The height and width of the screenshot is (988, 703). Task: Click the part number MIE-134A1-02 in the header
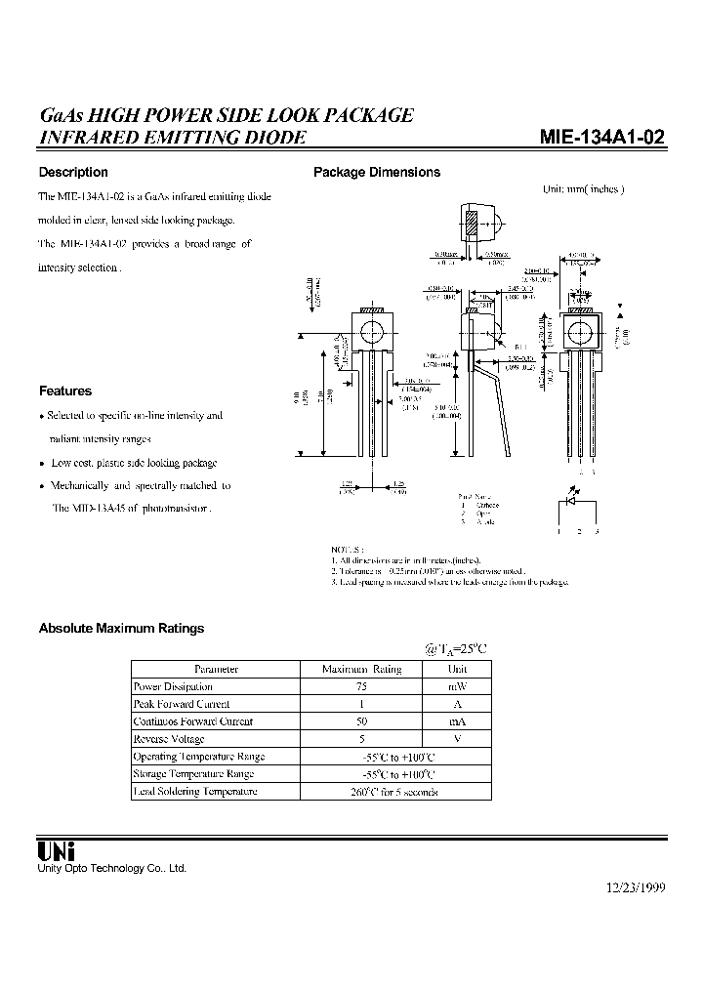pyautogui.click(x=601, y=138)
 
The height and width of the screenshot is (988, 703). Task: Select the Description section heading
pyautogui.click(x=73, y=173)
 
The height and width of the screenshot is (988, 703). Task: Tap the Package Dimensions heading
pyautogui.click(x=376, y=173)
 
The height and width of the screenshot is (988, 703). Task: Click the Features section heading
pyautogui.click(x=65, y=391)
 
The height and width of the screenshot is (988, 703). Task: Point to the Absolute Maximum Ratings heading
pyautogui.click(x=121, y=629)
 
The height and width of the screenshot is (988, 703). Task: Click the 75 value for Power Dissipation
pyautogui.click(x=361, y=686)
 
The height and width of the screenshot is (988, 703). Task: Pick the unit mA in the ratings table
pyautogui.click(x=457, y=721)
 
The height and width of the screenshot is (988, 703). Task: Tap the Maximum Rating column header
pyautogui.click(x=361, y=669)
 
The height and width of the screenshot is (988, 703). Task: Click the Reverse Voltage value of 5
pyautogui.click(x=361, y=739)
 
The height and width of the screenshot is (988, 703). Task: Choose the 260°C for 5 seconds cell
pyautogui.click(x=394, y=792)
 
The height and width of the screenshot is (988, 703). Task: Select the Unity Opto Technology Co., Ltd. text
pyautogui.click(x=111, y=868)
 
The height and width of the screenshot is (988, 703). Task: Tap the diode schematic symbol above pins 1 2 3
pyautogui.click(x=577, y=503)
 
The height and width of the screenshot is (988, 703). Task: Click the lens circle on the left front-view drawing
pyautogui.click(x=371, y=334)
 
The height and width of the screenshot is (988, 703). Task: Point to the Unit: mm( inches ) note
pyautogui.click(x=583, y=189)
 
